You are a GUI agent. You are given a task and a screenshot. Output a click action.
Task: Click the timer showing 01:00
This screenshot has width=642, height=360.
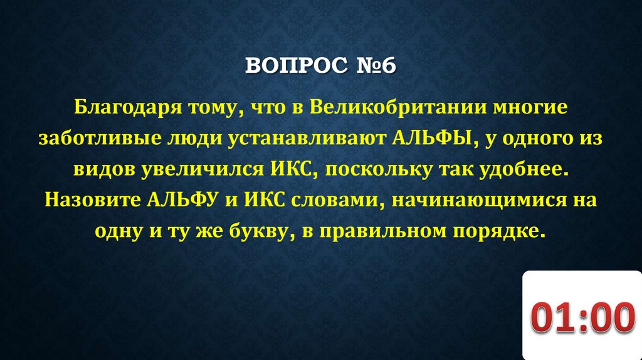pos(582,317)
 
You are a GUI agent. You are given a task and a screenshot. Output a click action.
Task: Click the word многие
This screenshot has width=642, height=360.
pos(532,107)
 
